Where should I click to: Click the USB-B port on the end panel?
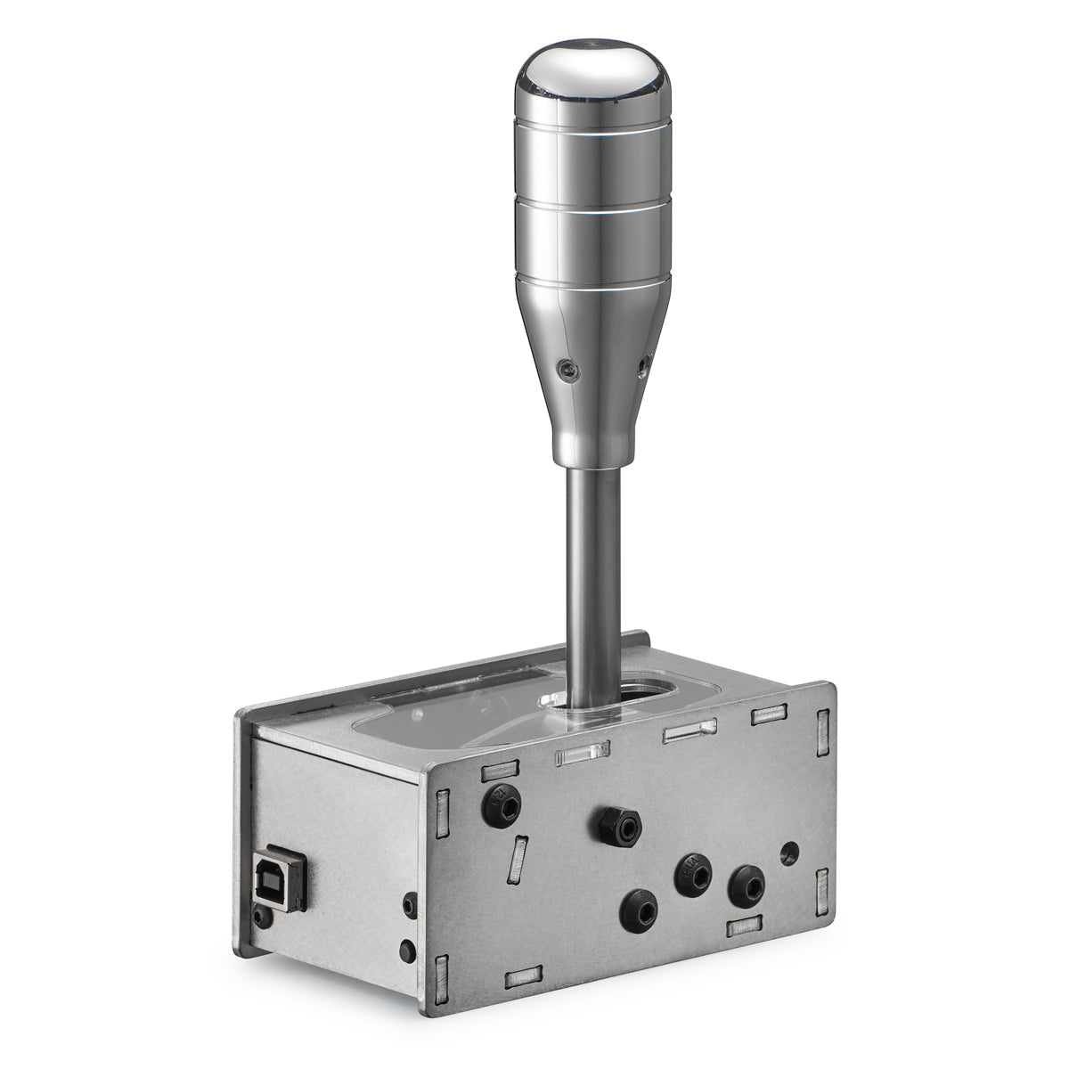(280, 884)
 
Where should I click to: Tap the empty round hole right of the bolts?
(788, 853)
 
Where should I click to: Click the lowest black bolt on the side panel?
(640, 908)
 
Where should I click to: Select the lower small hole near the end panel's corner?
(405, 950)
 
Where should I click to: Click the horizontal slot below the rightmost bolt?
(746, 928)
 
